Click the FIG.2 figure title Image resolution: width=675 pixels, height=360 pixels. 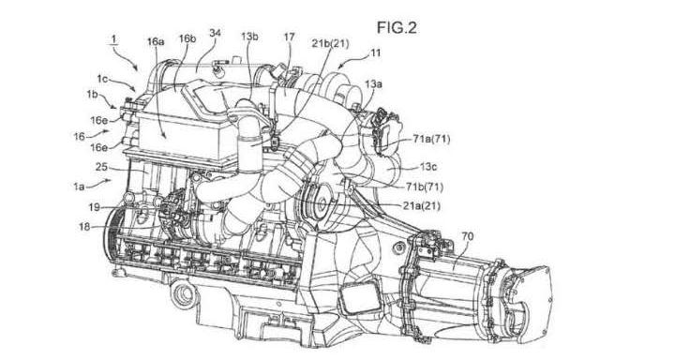coord(397,27)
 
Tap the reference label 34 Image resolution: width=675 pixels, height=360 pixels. coord(216,34)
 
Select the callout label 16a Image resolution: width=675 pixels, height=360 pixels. coord(156,41)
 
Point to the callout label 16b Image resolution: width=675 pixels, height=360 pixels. coord(187,38)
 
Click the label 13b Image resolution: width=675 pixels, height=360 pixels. coord(249,37)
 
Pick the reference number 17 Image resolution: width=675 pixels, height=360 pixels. coord(289,37)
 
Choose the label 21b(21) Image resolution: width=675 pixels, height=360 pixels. coord(330,43)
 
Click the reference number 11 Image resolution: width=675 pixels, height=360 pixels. coord(375,52)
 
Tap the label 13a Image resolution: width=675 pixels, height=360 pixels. coord(373,84)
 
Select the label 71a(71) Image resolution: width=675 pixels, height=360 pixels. coord(431,139)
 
